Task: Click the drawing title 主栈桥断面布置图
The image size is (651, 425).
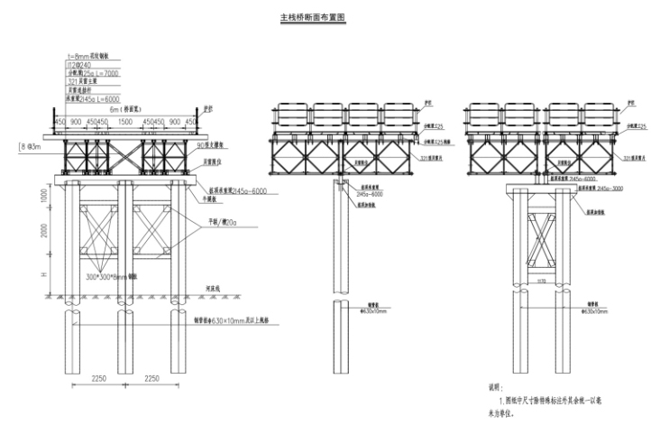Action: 315,16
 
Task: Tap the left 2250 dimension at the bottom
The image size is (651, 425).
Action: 98,379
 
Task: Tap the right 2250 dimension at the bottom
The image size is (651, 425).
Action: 153,379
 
